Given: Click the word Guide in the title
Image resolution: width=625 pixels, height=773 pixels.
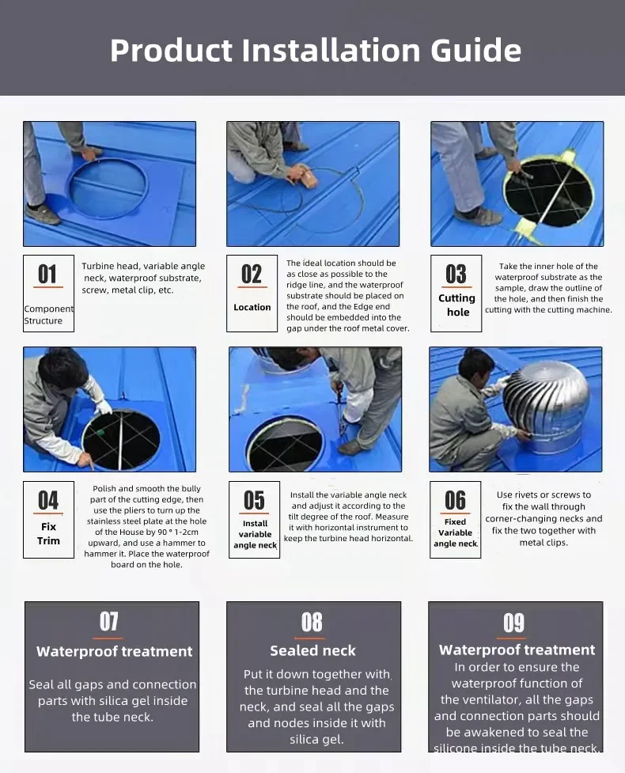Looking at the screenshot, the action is click(475, 51).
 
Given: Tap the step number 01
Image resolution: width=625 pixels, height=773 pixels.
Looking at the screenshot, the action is click(47, 274).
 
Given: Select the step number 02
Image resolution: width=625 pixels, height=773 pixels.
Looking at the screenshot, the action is click(252, 274).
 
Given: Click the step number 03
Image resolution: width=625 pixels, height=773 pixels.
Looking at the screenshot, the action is click(456, 274).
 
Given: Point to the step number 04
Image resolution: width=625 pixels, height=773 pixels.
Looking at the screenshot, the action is click(47, 500).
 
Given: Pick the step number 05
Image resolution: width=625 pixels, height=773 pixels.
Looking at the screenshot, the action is click(254, 500).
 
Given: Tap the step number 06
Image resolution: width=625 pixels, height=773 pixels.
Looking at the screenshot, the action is click(455, 500).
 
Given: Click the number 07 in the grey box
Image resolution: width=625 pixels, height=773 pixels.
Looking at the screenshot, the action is click(109, 621).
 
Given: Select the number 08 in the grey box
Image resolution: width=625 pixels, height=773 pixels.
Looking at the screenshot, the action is click(312, 622).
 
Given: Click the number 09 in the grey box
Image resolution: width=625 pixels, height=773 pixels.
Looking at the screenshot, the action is click(513, 623).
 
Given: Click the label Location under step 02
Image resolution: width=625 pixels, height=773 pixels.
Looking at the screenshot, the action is click(252, 307).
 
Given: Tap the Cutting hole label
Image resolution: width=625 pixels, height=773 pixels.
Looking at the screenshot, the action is click(457, 305).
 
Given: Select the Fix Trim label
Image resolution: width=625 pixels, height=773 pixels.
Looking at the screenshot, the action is click(48, 533).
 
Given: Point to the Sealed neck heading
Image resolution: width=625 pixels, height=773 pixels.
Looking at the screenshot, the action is click(312, 650).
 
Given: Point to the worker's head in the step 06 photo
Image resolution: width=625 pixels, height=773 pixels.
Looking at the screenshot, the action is click(475, 366).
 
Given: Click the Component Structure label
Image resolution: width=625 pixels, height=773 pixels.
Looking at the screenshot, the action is click(48, 315).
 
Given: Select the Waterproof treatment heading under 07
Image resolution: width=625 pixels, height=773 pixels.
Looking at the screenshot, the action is click(114, 652).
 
